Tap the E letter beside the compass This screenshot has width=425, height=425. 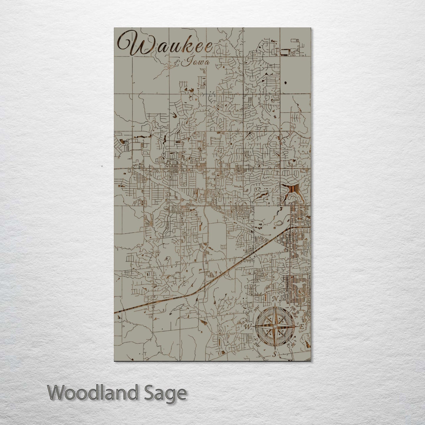(301, 327)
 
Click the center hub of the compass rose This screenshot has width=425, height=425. (274, 326)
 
